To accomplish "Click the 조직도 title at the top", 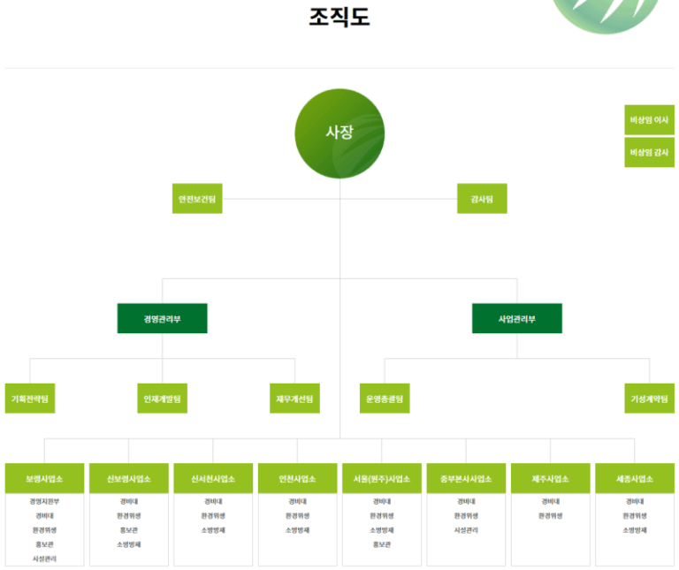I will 339,17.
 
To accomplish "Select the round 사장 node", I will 339,133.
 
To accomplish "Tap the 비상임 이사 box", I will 649,119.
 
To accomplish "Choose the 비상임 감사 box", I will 649,152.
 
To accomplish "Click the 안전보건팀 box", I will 197,199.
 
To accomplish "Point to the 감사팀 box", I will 482,199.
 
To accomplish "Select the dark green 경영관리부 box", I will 162,318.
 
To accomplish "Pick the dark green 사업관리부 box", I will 517,318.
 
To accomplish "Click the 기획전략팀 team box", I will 30,399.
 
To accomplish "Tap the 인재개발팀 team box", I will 162,399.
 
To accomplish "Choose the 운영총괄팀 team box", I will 385,399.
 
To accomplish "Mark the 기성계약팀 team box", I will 649,399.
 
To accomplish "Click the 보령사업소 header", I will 44,478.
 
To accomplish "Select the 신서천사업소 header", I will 213,478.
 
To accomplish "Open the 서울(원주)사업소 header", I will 382,478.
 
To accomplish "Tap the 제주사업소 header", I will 550,478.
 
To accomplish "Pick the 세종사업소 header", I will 635,478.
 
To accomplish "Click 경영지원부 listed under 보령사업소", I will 44,501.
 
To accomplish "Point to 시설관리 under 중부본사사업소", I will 466,530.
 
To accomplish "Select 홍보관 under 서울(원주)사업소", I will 382,544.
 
